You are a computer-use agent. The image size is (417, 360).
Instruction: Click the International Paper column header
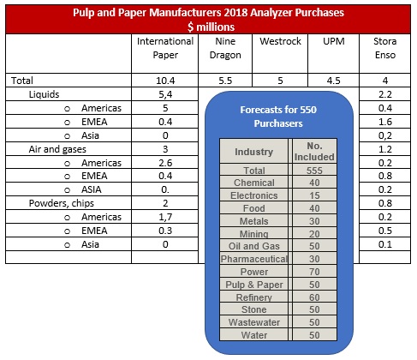point(165,48)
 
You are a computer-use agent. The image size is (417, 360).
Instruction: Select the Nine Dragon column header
point(225,48)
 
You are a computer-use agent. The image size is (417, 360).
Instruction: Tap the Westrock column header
point(280,41)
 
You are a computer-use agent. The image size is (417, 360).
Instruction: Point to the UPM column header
point(334,41)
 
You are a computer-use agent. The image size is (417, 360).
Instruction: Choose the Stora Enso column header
point(385,48)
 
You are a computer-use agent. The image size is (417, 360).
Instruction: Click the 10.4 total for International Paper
point(165,81)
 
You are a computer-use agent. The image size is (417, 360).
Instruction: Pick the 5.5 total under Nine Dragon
point(225,81)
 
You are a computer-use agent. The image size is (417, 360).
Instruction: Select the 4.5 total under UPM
point(334,81)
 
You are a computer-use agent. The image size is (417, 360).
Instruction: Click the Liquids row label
point(44,94)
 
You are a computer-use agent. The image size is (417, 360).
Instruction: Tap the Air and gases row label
point(57,149)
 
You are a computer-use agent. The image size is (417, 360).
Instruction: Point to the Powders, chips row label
point(62,203)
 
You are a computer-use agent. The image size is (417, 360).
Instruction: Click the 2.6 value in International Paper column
point(165,163)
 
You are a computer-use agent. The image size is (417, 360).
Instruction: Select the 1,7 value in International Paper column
point(165,217)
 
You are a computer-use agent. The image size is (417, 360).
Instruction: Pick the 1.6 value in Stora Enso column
point(385,122)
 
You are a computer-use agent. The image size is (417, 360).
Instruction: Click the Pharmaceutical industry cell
point(254,259)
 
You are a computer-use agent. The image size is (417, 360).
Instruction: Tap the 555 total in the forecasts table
point(314,171)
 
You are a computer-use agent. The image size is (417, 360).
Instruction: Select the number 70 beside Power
point(314,272)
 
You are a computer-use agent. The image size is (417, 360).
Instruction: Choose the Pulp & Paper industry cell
point(254,285)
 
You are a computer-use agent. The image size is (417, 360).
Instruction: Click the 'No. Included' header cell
point(314,152)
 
